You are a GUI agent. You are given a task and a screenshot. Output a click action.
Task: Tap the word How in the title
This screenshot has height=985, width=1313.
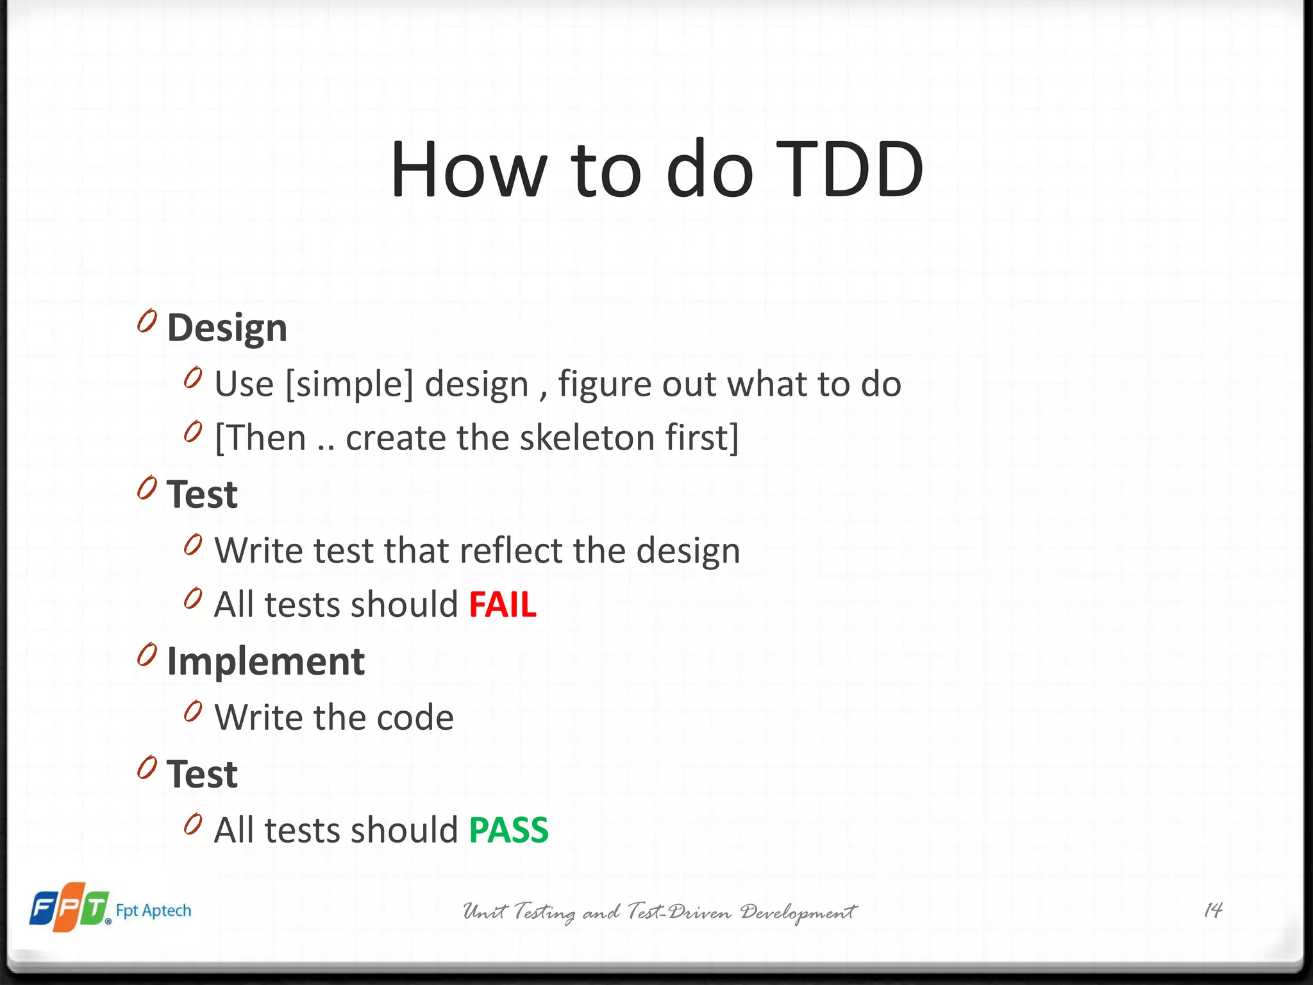pyautogui.click(x=468, y=170)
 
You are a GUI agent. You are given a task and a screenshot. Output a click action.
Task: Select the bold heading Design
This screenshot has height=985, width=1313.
pyautogui.click(x=227, y=328)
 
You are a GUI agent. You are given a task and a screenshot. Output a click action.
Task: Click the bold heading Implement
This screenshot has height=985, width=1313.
pyautogui.click(x=265, y=662)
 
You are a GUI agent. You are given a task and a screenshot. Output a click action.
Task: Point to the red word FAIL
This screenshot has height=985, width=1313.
pyautogui.click(x=503, y=605)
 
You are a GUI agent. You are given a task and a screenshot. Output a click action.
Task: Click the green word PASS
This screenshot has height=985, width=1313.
pyautogui.click(x=508, y=830)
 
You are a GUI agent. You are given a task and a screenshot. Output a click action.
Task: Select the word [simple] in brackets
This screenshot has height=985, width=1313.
pyautogui.click(x=349, y=385)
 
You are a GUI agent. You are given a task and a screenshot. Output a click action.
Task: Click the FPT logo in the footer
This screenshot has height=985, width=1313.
pyautogui.click(x=69, y=907)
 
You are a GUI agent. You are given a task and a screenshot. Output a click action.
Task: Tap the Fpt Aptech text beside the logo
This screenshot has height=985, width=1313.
pyautogui.click(x=153, y=911)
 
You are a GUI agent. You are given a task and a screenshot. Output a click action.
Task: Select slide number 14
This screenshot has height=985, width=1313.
pyautogui.click(x=1213, y=910)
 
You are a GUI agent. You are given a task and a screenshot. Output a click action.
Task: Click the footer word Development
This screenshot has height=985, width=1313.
pyautogui.click(x=798, y=912)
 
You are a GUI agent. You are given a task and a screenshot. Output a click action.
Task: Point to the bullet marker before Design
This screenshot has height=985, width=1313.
pyautogui.click(x=147, y=321)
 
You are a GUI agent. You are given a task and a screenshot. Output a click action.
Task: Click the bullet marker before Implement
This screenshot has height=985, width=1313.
pyautogui.click(x=147, y=655)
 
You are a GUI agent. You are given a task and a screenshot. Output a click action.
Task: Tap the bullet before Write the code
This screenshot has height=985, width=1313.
pyautogui.click(x=193, y=711)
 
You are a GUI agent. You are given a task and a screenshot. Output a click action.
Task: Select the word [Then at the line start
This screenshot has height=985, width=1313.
pyautogui.click(x=260, y=438)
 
